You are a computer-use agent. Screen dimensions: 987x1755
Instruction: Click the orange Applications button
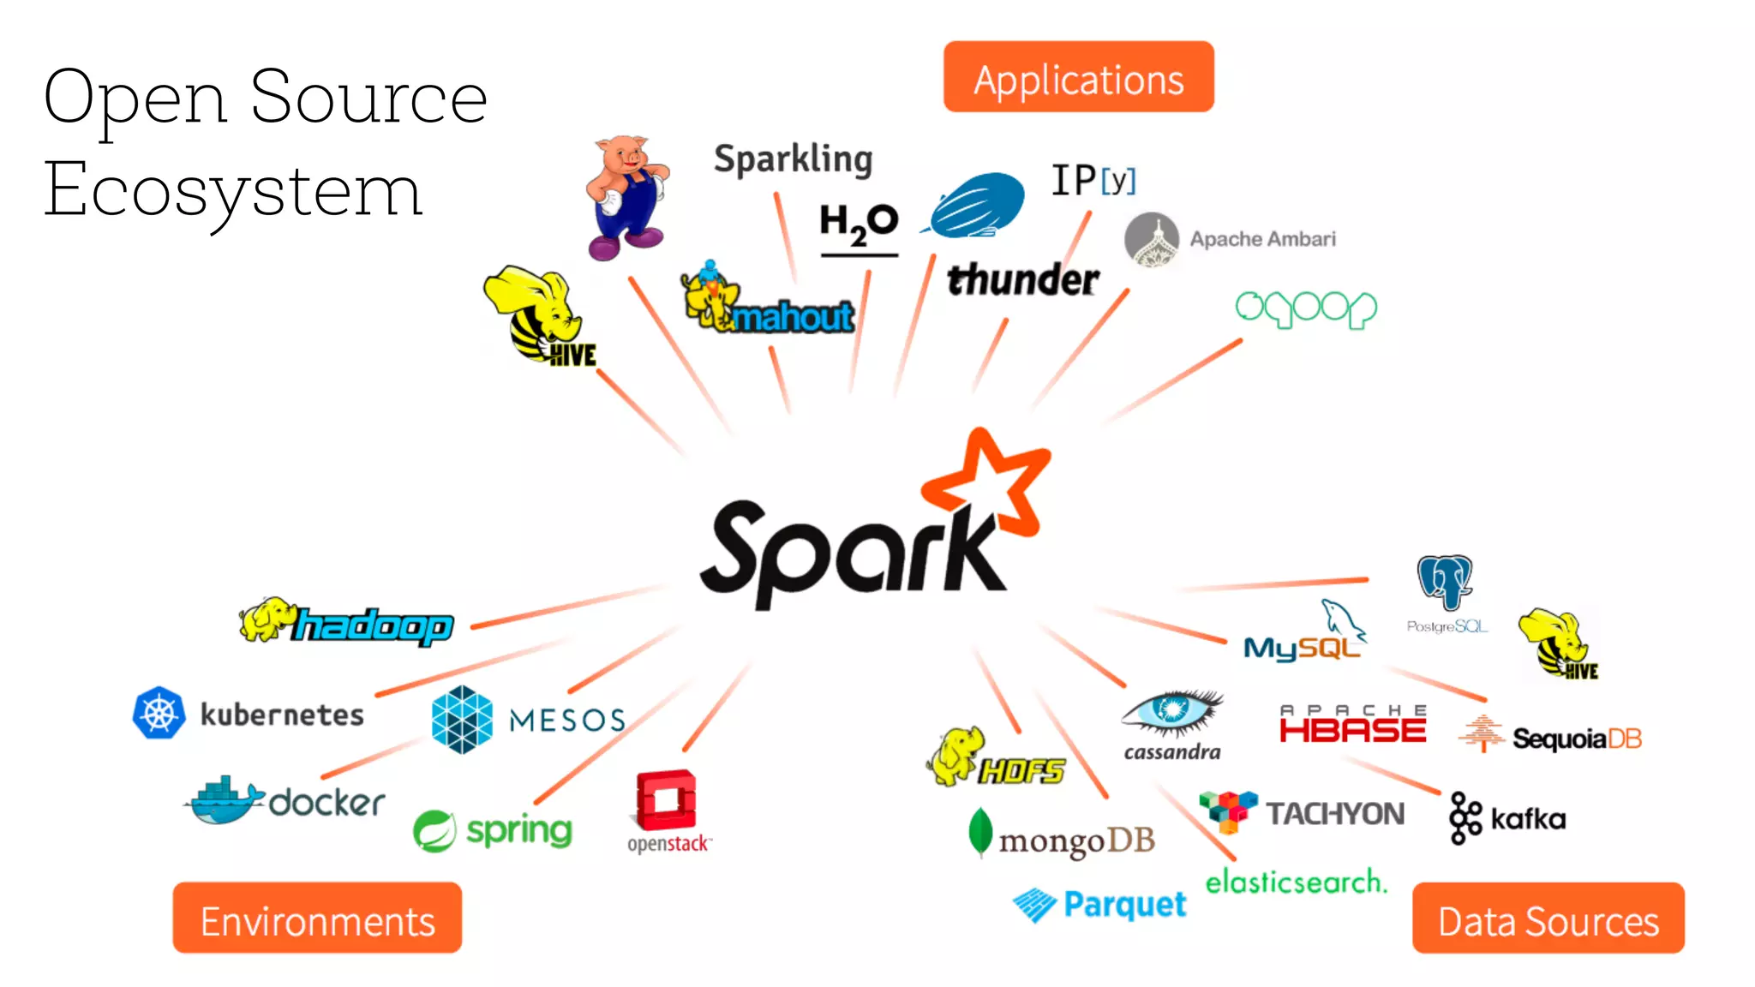tap(1078, 77)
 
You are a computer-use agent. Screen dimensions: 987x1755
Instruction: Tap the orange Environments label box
tap(317, 918)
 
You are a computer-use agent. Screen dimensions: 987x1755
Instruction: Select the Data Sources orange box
tap(1548, 918)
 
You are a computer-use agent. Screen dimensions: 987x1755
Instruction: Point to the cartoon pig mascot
tap(626, 197)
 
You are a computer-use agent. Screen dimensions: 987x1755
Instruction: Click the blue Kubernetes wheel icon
tap(159, 713)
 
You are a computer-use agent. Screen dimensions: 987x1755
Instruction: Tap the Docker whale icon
tap(221, 802)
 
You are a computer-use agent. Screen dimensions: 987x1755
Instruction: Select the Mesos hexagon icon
tap(462, 720)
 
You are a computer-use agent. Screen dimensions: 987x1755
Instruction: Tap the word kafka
tap(1528, 819)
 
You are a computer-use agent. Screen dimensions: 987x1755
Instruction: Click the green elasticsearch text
tap(1296, 882)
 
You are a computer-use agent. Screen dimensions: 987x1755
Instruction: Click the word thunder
tap(1022, 280)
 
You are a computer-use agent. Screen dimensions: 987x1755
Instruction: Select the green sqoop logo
tap(1305, 308)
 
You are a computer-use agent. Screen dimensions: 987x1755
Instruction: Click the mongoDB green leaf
tap(979, 831)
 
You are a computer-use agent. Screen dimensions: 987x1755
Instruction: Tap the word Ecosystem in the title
tap(233, 190)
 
